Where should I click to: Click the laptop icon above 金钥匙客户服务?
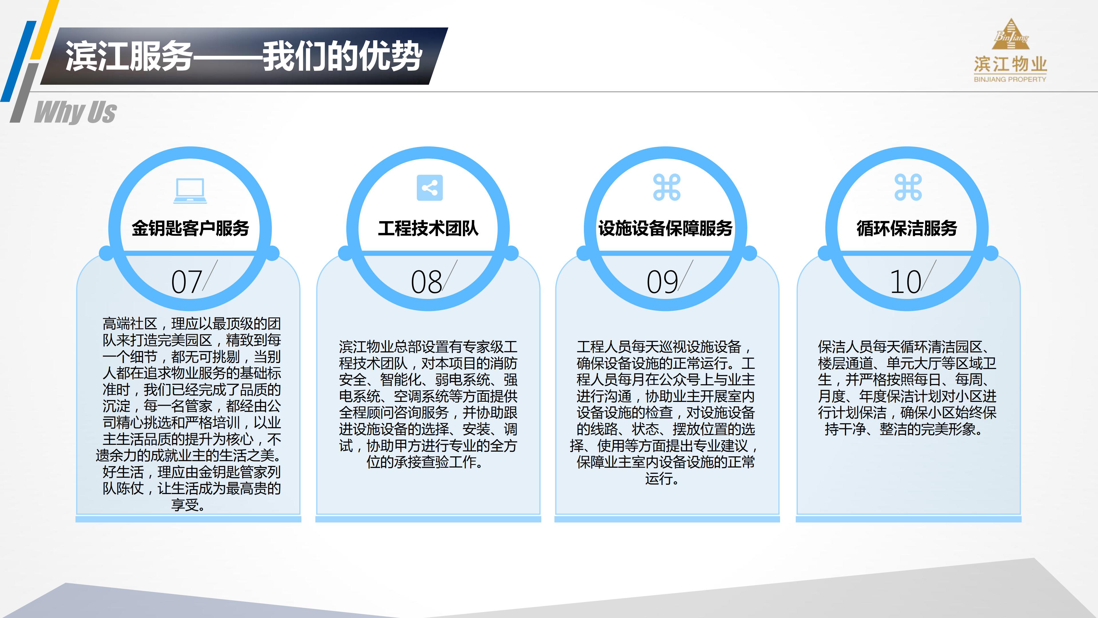(190, 190)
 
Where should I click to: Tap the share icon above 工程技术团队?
(430, 188)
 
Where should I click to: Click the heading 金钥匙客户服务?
(190, 228)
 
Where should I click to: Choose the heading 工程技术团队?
(428, 228)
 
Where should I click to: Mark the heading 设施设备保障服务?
(665, 228)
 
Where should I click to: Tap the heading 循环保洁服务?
(907, 228)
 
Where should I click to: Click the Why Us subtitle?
(75, 112)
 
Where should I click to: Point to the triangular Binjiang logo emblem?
(1011, 35)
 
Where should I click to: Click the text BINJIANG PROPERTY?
(1010, 79)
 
